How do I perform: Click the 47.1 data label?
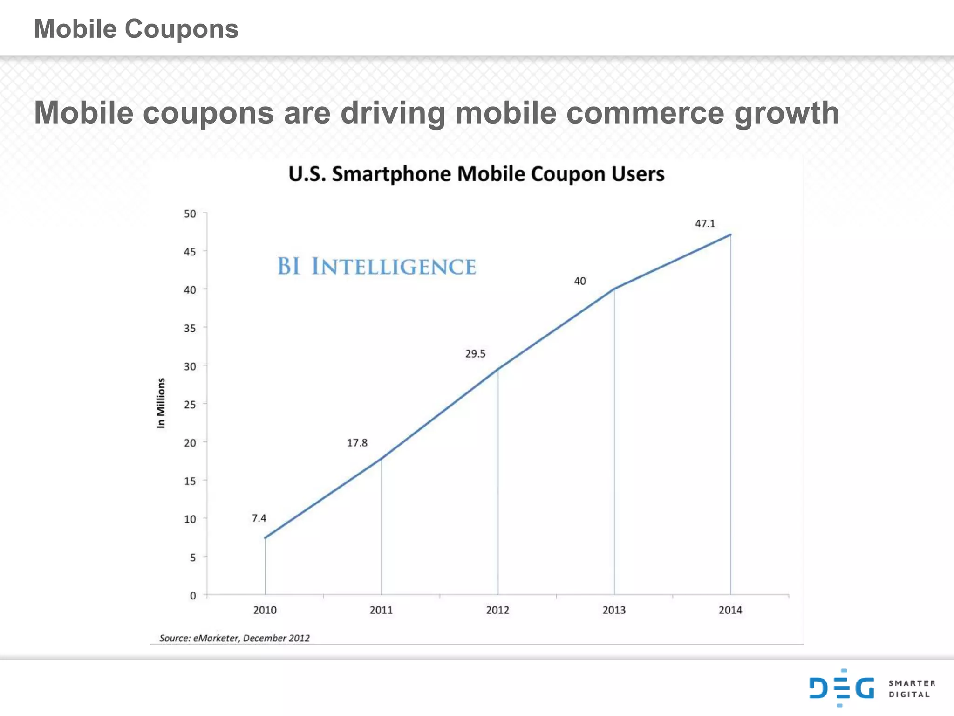point(705,224)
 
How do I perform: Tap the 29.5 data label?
point(475,354)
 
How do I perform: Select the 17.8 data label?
point(357,443)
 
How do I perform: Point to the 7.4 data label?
point(259,518)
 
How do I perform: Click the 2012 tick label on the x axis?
point(497,610)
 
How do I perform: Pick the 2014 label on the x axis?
point(730,610)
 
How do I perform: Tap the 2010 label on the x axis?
point(265,610)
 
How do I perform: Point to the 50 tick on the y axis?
point(190,214)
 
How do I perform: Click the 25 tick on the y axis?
point(190,405)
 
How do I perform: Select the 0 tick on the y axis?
point(193,596)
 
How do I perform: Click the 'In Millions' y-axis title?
point(161,403)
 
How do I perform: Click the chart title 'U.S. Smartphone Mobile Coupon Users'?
point(476,174)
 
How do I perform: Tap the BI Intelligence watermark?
point(376,267)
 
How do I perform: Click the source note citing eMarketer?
point(234,638)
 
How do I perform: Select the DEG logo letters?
point(841,688)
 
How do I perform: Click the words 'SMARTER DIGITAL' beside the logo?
point(912,689)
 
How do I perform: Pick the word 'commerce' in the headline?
point(645,113)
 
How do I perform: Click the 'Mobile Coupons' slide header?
point(136,29)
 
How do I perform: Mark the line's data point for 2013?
point(614,289)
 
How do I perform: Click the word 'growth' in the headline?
point(786,113)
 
